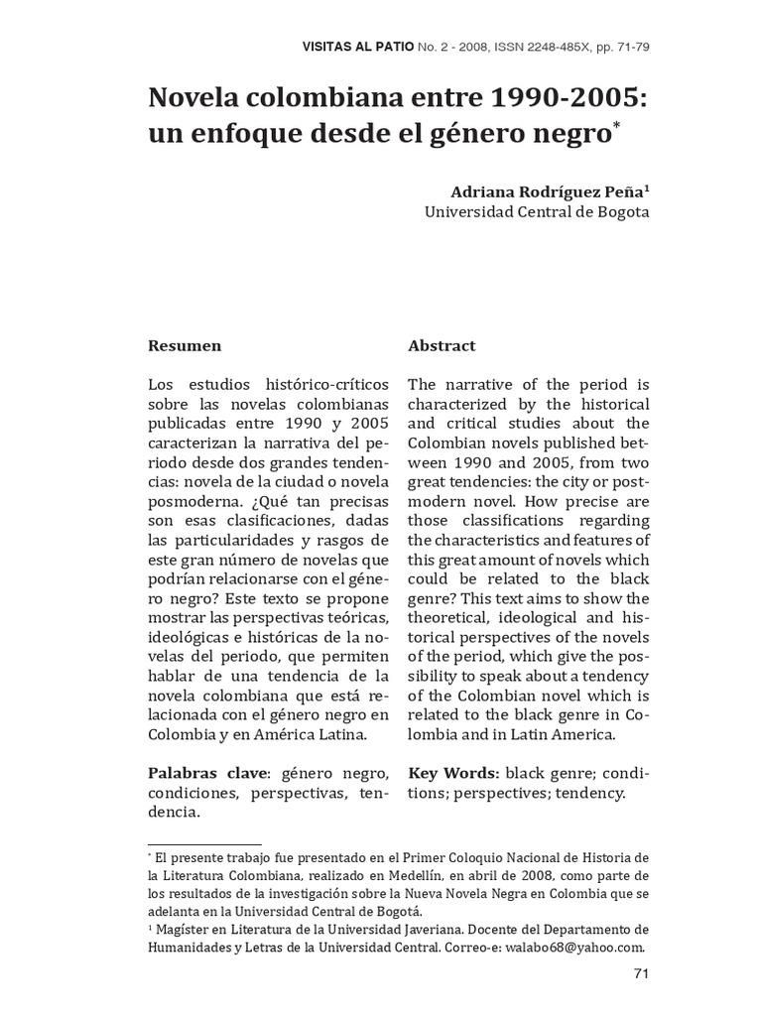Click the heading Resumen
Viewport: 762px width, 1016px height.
pos(185,346)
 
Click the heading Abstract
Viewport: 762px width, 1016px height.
pos(442,346)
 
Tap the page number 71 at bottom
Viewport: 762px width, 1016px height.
pos(640,973)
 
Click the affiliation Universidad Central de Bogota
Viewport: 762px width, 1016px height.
pos(537,211)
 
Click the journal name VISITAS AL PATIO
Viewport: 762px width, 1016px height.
pos(356,46)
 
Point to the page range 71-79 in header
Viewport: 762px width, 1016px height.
pos(633,46)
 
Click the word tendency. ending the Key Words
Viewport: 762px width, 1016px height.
pos(592,793)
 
